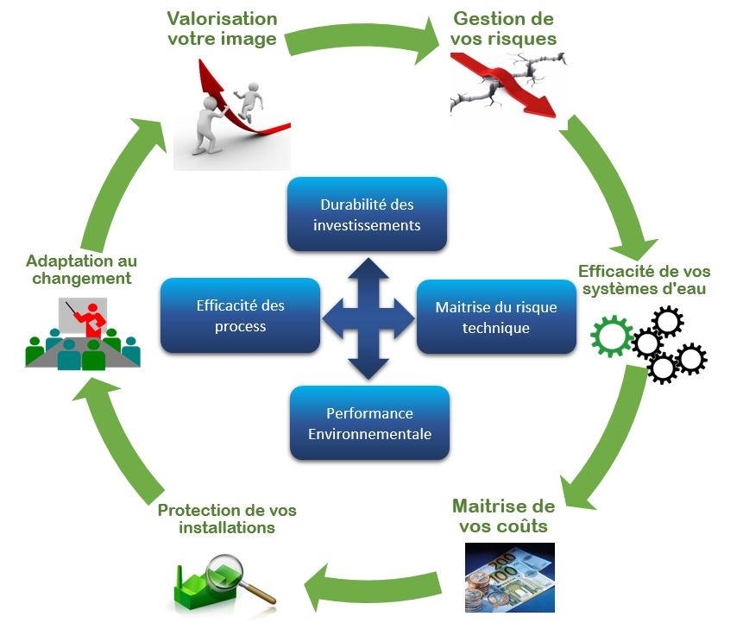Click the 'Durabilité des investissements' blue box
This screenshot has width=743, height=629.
(367, 214)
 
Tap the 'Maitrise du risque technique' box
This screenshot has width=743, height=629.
(495, 317)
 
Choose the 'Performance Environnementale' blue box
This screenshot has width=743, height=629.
(369, 423)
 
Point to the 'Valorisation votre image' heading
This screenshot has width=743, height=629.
(222, 28)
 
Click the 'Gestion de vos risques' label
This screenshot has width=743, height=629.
(504, 28)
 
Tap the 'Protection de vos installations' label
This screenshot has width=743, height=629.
(227, 518)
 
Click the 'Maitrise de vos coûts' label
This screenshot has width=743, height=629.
(503, 514)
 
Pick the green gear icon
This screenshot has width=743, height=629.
(612, 337)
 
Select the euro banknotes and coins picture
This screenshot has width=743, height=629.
(509, 576)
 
